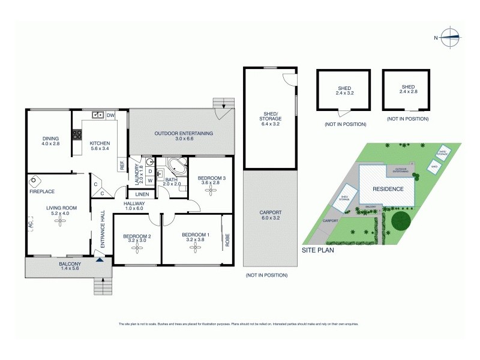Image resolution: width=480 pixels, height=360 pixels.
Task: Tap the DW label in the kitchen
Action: (x=110, y=115)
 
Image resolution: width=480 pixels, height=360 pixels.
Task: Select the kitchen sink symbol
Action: (x=98, y=115)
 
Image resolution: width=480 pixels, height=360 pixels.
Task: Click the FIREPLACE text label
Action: (x=41, y=192)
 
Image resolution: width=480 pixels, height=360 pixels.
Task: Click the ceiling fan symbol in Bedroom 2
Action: (x=137, y=245)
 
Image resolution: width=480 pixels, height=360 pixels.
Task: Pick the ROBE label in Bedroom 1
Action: (x=227, y=241)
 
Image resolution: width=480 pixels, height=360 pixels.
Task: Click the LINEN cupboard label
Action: (x=142, y=194)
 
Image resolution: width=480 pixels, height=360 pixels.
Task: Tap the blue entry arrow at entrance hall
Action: (x=99, y=258)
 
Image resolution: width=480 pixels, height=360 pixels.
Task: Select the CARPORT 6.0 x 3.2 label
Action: (x=271, y=215)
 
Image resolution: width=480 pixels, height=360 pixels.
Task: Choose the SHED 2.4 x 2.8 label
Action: (x=407, y=90)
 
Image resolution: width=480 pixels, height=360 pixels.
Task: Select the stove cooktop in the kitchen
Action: (x=77, y=134)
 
